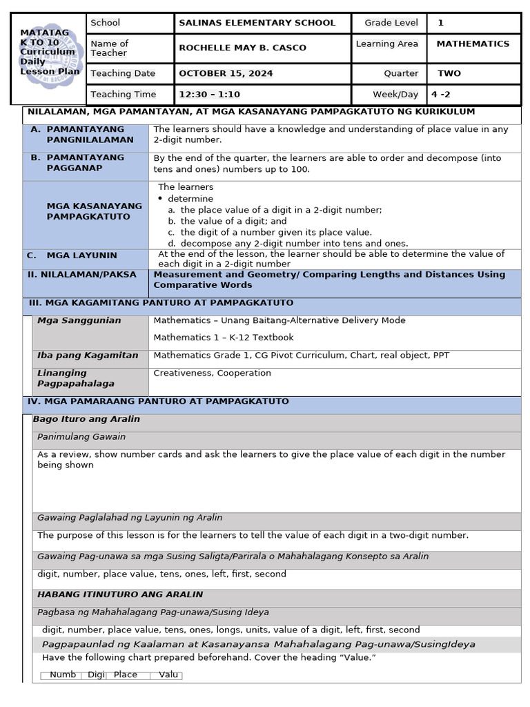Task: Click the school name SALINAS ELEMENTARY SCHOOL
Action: click(x=257, y=23)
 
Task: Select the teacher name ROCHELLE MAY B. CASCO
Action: click(x=242, y=48)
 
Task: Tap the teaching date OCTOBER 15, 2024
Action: click(x=226, y=73)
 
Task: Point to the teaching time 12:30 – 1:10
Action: click(x=209, y=95)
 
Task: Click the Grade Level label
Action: click(x=391, y=23)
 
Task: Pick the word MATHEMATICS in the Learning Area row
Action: click(x=473, y=43)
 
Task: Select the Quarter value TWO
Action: click(x=449, y=73)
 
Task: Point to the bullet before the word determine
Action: click(x=161, y=199)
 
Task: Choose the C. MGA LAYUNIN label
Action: click(x=72, y=255)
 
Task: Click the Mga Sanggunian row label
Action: click(x=79, y=320)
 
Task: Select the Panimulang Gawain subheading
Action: click(x=81, y=437)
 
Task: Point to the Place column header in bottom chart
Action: click(x=126, y=675)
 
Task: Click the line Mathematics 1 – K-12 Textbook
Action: click(x=224, y=338)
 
